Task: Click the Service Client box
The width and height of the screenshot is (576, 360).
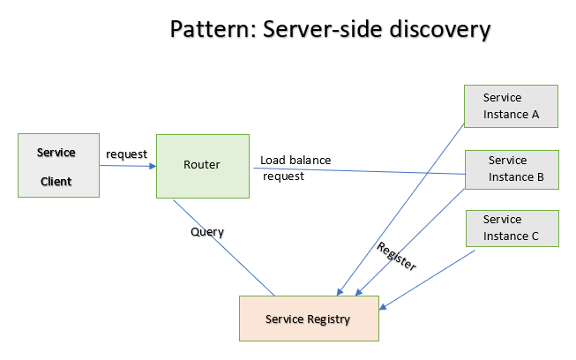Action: click(x=58, y=165)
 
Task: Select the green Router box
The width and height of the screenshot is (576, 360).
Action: click(x=202, y=166)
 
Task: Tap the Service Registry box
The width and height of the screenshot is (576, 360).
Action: click(x=309, y=319)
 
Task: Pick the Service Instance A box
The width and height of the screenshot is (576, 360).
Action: click(x=511, y=106)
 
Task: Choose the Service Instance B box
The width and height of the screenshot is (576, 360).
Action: click(x=511, y=169)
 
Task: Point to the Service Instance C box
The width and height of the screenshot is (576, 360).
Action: click(x=511, y=228)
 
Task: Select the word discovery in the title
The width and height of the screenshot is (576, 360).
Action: click(x=443, y=30)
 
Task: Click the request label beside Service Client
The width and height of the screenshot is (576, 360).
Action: click(x=126, y=154)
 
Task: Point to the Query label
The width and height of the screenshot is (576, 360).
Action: click(x=207, y=232)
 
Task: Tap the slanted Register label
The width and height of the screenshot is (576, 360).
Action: click(x=396, y=255)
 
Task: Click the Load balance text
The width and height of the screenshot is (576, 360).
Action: click(x=295, y=161)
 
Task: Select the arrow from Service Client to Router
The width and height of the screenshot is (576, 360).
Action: click(x=127, y=166)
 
